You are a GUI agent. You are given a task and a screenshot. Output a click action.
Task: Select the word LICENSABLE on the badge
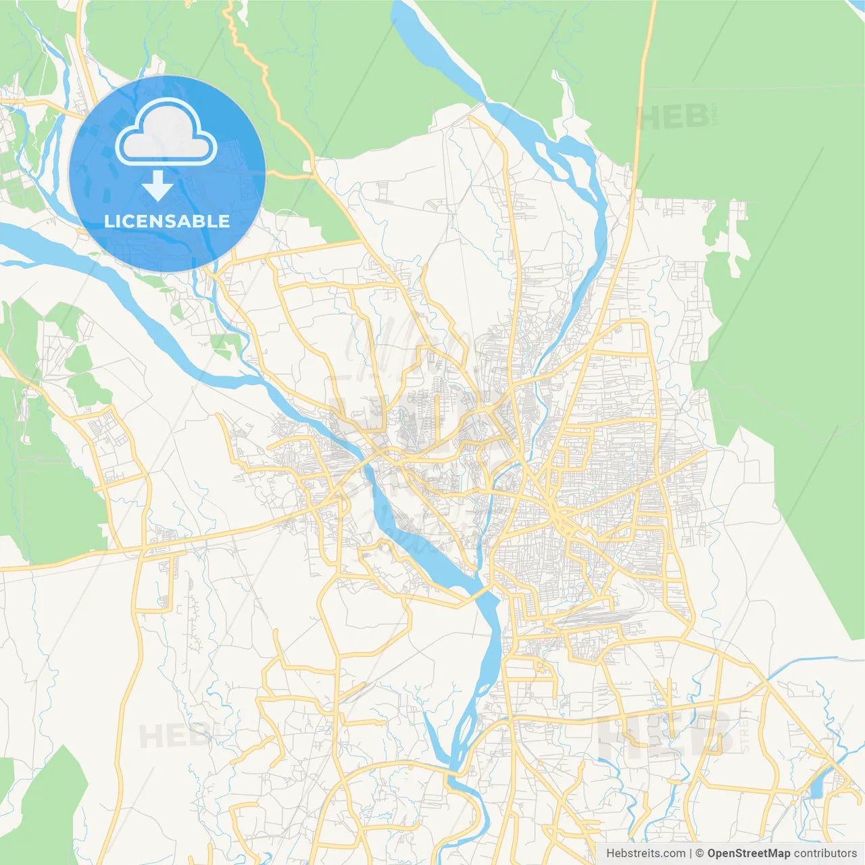coord(167,221)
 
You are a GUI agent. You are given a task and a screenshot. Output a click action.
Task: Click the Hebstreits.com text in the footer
coord(645,854)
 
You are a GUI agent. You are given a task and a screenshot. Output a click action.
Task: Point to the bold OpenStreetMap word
coord(748,854)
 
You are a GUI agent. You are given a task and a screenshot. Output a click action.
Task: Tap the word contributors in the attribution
coord(825,854)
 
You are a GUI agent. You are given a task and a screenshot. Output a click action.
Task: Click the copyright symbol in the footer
coord(700,854)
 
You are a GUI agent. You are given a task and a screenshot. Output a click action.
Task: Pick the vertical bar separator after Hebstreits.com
coord(691,854)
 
